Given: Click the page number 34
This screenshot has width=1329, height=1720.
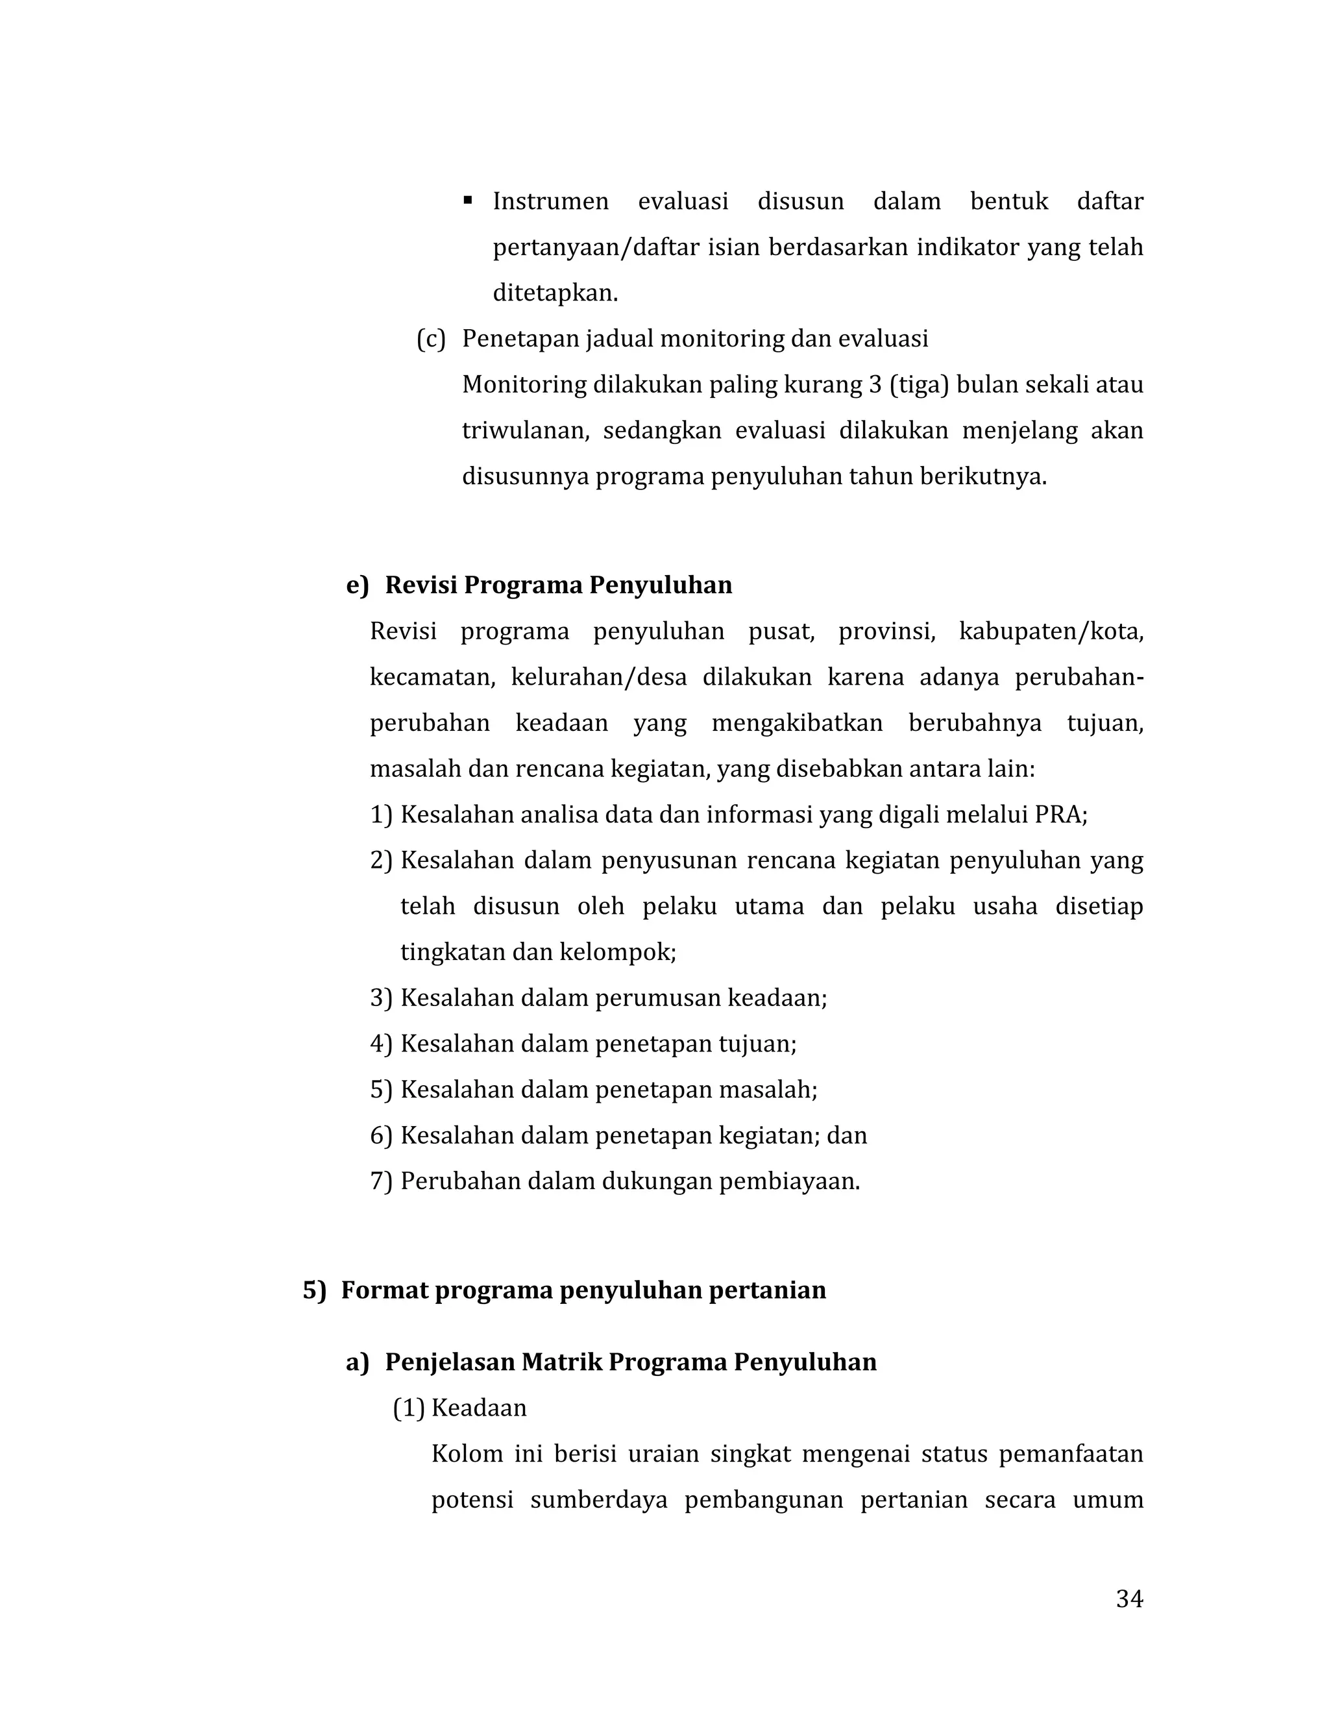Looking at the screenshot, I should [x=1129, y=1599].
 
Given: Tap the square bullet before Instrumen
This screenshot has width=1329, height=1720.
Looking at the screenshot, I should [x=468, y=200].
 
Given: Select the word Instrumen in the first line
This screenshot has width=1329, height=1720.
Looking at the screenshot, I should [x=550, y=202].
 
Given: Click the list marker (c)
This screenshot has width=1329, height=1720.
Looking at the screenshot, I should [x=431, y=339].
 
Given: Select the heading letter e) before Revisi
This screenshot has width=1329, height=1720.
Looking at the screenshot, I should [x=357, y=585].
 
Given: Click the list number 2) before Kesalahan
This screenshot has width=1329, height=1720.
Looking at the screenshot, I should [x=380, y=860].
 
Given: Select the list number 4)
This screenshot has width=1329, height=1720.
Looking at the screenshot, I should [x=380, y=1044].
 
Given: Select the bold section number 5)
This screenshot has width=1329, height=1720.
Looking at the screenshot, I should [x=314, y=1290].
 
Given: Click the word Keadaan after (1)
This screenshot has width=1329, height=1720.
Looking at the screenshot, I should [x=479, y=1407].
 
